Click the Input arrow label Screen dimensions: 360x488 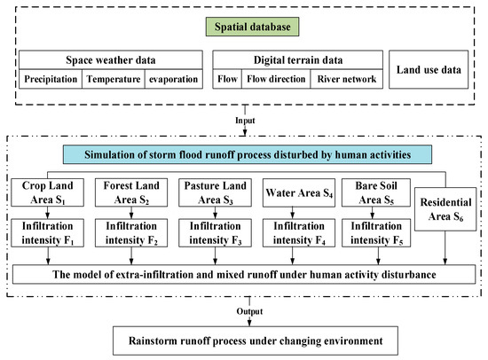click(243, 116)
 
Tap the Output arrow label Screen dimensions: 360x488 click(243, 312)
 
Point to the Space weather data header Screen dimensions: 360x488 click(110, 59)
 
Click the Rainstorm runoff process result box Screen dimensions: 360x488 click(244, 340)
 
